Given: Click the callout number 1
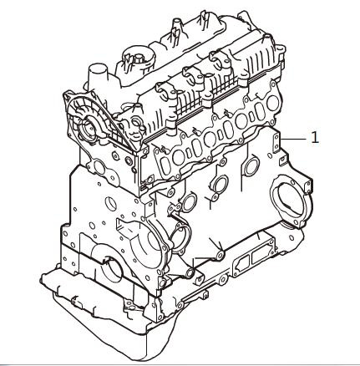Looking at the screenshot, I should click(x=315, y=137).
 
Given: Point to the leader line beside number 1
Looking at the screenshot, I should click(x=295, y=137).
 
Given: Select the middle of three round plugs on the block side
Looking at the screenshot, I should click(x=221, y=185).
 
